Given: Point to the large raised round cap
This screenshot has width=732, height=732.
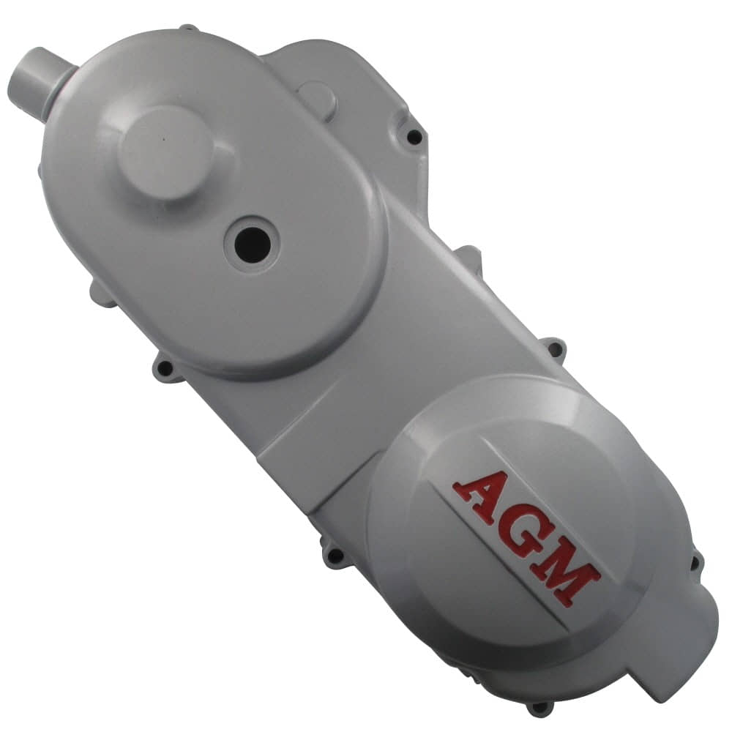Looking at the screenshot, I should pyautogui.click(x=165, y=152).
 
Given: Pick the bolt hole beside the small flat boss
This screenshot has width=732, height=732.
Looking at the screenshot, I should pyautogui.click(x=414, y=136).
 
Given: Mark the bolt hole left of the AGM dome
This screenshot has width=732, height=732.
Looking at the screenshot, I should pyautogui.click(x=335, y=556).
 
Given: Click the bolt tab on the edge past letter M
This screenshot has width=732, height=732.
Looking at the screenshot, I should pyautogui.click(x=695, y=562).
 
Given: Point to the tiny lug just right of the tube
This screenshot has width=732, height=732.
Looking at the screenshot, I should pyautogui.click(x=189, y=29).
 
